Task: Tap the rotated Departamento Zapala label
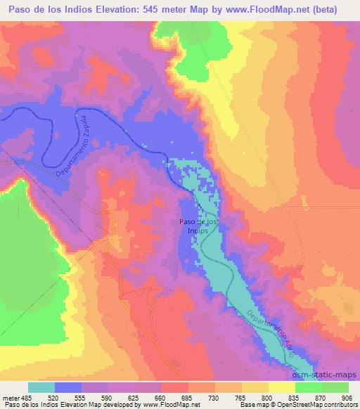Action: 72,143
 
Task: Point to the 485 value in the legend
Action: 24,396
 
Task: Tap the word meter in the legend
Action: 9,396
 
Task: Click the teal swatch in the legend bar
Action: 41,387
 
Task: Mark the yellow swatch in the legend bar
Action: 282,387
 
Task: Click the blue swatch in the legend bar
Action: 68,387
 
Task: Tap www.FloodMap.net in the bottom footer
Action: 161,405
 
